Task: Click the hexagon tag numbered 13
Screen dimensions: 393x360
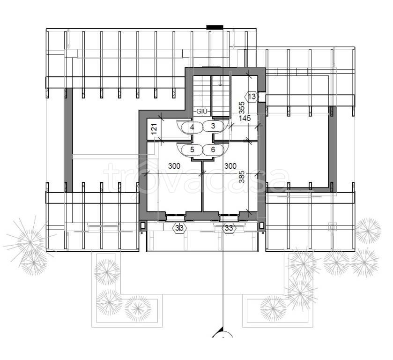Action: pyautogui.click(x=252, y=97)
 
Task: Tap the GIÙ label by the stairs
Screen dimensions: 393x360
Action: pyautogui.click(x=202, y=112)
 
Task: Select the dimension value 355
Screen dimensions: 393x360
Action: pyautogui.click(x=242, y=108)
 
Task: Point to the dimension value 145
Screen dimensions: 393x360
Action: pyautogui.click(x=245, y=118)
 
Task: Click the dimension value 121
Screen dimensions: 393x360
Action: pyautogui.click(x=155, y=128)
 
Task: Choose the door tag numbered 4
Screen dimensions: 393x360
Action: pyautogui.click(x=192, y=127)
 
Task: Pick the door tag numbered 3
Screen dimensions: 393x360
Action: pyautogui.click(x=213, y=126)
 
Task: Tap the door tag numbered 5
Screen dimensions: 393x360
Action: pyautogui.click(x=192, y=150)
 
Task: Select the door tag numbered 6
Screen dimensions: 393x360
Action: pyautogui.click(x=213, y=150)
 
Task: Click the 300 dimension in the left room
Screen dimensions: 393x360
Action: pyautogui.click(x=174, y=166)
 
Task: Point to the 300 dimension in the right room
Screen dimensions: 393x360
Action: pyautogui.click(x=230, y=166)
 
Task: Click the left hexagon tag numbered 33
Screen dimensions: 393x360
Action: pyautogui.click(x=179, y=228)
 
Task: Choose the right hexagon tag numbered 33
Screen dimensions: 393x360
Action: pyautogui.click(x=229, y=228)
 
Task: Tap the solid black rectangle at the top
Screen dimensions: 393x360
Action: pyautogui.click(x=215, y=28)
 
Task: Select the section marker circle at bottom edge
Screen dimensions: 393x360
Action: pyautogui.click(x=223, y=335)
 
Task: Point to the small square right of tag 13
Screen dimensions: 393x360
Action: pyautogui.click(x=262, y=97)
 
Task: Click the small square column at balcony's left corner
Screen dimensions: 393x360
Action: pyautogui.click(x=142, y=225)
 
